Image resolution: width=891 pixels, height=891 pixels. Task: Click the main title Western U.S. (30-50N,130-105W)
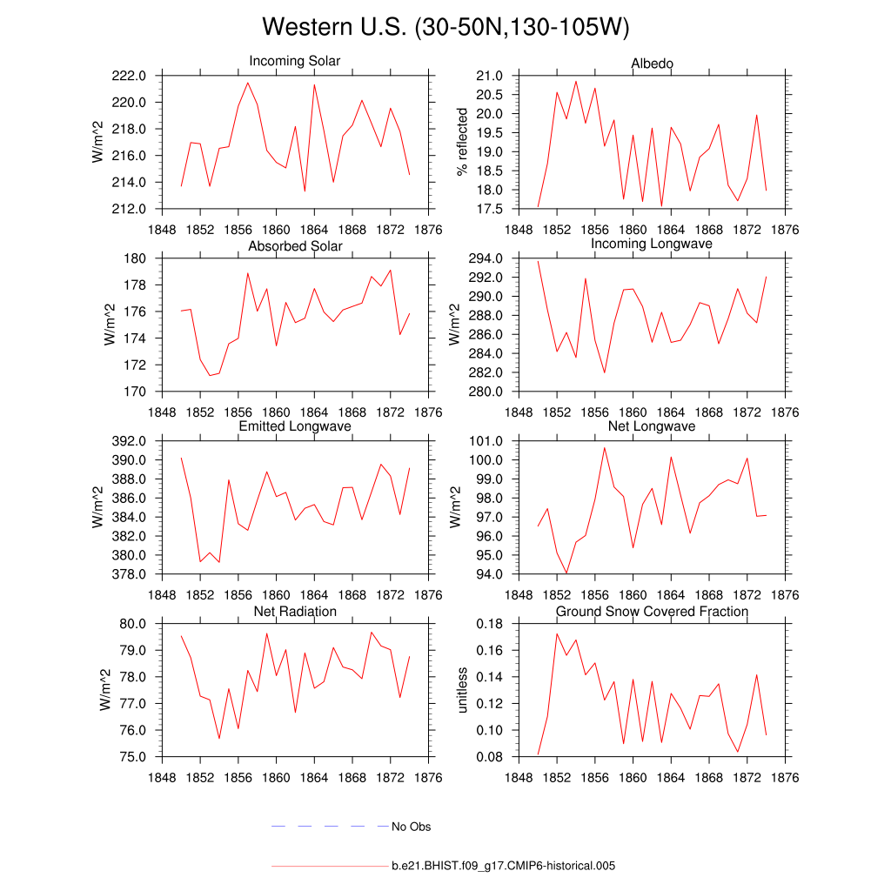tap(445, 27)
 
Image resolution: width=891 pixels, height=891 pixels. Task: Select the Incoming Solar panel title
tap(294, 62)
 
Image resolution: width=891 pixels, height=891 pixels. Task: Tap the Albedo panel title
tap(652, 64)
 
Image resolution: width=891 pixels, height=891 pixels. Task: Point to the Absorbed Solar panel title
tap(295, 246)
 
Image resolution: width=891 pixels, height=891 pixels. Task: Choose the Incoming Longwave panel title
tap(652, 244)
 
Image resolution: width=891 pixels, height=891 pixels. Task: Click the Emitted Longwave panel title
tap(295, 426)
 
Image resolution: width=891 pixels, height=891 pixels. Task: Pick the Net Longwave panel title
tap(652, 426)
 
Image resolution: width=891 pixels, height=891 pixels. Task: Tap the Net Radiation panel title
tap(295, 612)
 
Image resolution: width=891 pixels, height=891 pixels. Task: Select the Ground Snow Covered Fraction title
tap(652, 612)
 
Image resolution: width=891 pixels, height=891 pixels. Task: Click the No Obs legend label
tap(411, 827)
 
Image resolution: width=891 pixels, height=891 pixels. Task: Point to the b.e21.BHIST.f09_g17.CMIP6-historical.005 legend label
tap(504, 866)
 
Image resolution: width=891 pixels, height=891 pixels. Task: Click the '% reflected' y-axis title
tap(462, 142)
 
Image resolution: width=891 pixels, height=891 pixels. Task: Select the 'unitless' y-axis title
tap(462, 690)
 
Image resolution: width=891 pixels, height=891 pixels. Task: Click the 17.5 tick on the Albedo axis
tap(491, 210)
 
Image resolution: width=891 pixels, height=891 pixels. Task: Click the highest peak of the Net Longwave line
tap(605, 447)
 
